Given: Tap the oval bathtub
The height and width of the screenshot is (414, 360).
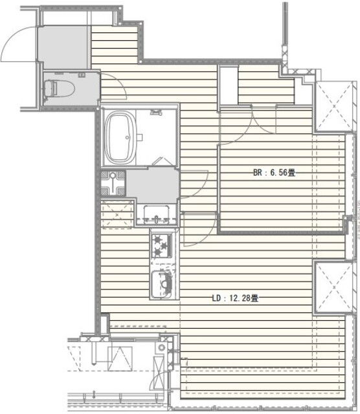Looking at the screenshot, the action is [x=120, y=137].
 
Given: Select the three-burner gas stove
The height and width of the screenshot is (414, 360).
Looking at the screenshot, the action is [x=161, y=246].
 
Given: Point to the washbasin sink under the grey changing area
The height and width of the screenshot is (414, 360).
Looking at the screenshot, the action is [x=156, y=214].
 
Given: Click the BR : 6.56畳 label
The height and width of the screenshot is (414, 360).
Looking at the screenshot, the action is [x=274, y=173].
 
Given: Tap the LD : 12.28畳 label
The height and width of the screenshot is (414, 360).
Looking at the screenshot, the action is [x=235, y=298].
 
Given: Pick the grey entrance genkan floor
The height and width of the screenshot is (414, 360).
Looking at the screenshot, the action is [x=63, y=47].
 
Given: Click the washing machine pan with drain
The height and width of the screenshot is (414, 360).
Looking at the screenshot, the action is [x=113, y=184].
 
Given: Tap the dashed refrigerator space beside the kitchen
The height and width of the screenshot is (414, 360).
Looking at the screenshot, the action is [x=117, y=214].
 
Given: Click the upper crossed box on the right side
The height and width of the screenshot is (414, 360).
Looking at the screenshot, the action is [x=334, y=106].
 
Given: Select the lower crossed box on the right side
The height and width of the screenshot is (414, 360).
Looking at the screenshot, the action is [x=334, y=287].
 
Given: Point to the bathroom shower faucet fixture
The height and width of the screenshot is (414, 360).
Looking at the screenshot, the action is [x=156, y=113].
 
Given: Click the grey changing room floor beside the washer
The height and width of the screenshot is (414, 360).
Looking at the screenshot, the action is [x=152, y=185].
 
